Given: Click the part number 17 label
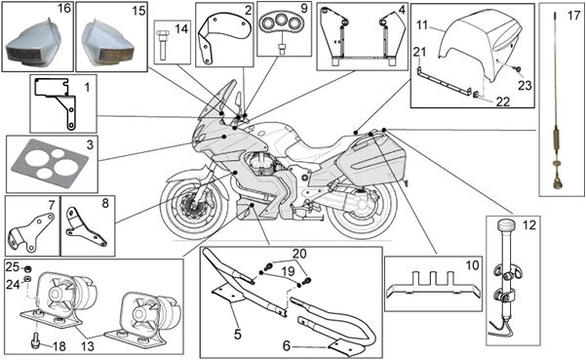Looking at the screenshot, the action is point(573,16).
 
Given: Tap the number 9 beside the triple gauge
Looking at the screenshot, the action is point(303,8).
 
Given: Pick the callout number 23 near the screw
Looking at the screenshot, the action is point(525,85).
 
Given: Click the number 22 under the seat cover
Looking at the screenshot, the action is point(503,101).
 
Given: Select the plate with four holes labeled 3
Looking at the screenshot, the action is point(51,164).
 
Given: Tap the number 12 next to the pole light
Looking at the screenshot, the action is point(529,225).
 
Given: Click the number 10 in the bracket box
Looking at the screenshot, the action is point(472,265).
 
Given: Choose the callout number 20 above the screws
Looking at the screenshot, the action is point(299,254).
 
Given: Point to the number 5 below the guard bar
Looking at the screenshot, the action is point(238,334).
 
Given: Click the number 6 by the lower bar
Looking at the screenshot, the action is point(287,346).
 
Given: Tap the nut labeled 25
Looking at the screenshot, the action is point(27,268).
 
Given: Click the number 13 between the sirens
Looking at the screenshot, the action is point(88,345).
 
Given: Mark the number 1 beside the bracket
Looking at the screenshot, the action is point(87,88).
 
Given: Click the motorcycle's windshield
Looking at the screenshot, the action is point(215,100).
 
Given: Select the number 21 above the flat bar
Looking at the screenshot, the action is point(419,51).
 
